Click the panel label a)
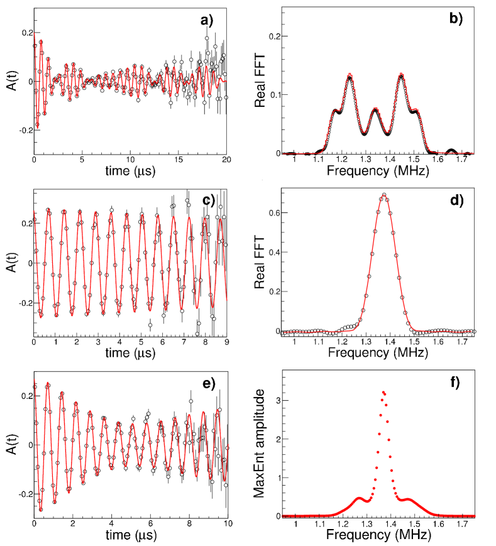point(207,20)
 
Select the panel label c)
point(209,200)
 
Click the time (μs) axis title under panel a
point(130,171)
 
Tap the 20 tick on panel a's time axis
point(226,161)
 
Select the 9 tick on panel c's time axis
point(226,342)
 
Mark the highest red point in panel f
point(383,392)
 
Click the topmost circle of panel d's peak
point(383,195)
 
